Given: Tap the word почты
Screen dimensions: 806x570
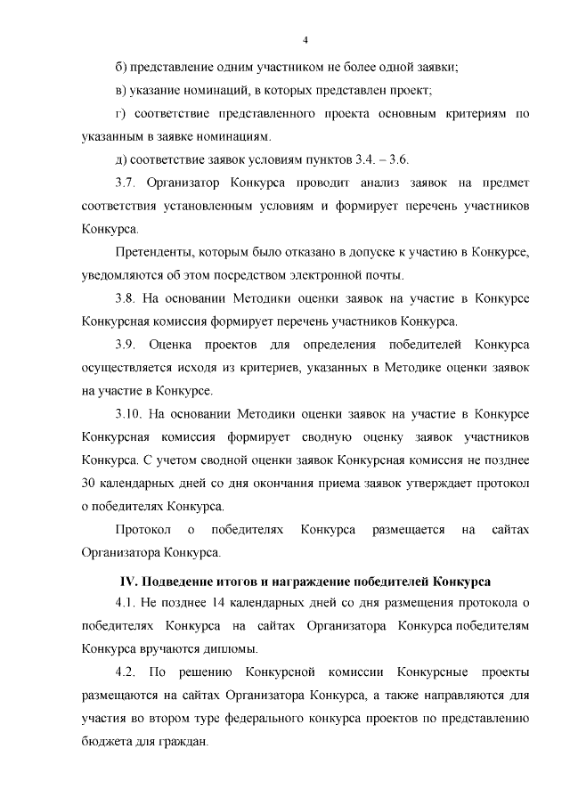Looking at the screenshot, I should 385,275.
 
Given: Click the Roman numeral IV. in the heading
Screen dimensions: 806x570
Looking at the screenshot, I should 128,582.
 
